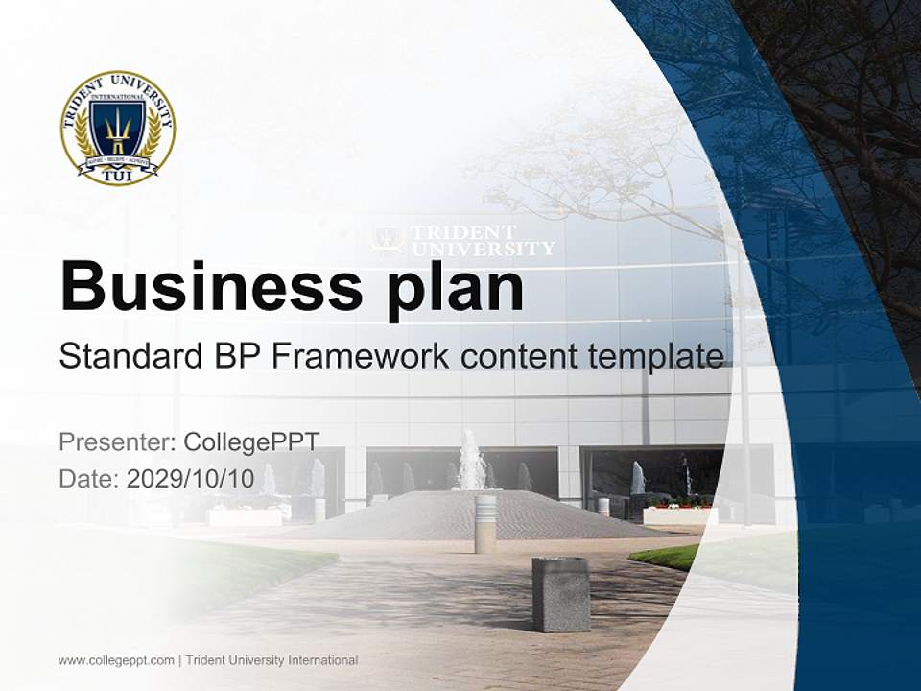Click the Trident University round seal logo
pos(118,127)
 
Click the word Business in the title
pos(210,286)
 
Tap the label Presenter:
pos(117,442)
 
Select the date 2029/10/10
pos(191,479)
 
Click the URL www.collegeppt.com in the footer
pos(116,660)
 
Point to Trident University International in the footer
pos(272,660)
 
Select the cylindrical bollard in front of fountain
pos(485,523)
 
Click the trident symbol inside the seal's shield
pos(117,125)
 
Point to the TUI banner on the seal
pos(117,173)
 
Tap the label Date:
pos(89,479)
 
